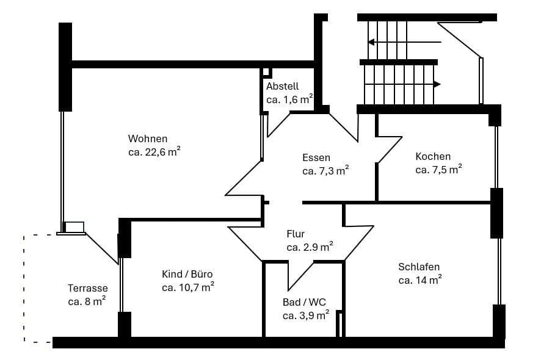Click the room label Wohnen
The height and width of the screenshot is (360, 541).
pyautogui.click(x=147, y=139)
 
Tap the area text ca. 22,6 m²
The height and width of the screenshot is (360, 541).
pyautogui.click(x=153, y=152)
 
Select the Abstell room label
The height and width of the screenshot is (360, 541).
pyautogui.click(x=282, y=86)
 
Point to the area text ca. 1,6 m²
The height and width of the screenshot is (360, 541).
pyautogui.click(x=289, y=99)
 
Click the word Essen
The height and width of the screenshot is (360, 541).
pyautogui.click(x=316, y=157)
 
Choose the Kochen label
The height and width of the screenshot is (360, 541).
pyautogui.click(x=433, y=156)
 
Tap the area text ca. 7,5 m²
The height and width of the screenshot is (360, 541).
pyautogui.click(x=438, y=170)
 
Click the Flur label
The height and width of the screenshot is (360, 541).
pyautogui.click(x=296, y=234)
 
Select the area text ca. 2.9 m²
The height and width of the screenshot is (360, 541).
pyautogui.click(x=310, y=247)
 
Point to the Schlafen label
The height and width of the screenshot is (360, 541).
pyautogui.click(x=419, y=267)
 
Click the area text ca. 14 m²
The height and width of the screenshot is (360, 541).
pyautogui.click(x=419, y=280)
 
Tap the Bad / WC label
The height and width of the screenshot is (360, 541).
pyautogui.click(x=305, y=302)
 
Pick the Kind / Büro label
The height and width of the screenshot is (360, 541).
pyautogui.click(x=187, y=273)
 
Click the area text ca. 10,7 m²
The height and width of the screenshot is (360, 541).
pyautogui.click(x=187, y=287)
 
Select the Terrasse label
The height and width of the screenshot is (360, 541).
pyautogui.click(x=88, y=288)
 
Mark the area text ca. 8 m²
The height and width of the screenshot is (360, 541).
pyautogui.click(x=87, y=301)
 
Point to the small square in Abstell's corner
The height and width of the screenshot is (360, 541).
pyautogui.click(x=266, y=72)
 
